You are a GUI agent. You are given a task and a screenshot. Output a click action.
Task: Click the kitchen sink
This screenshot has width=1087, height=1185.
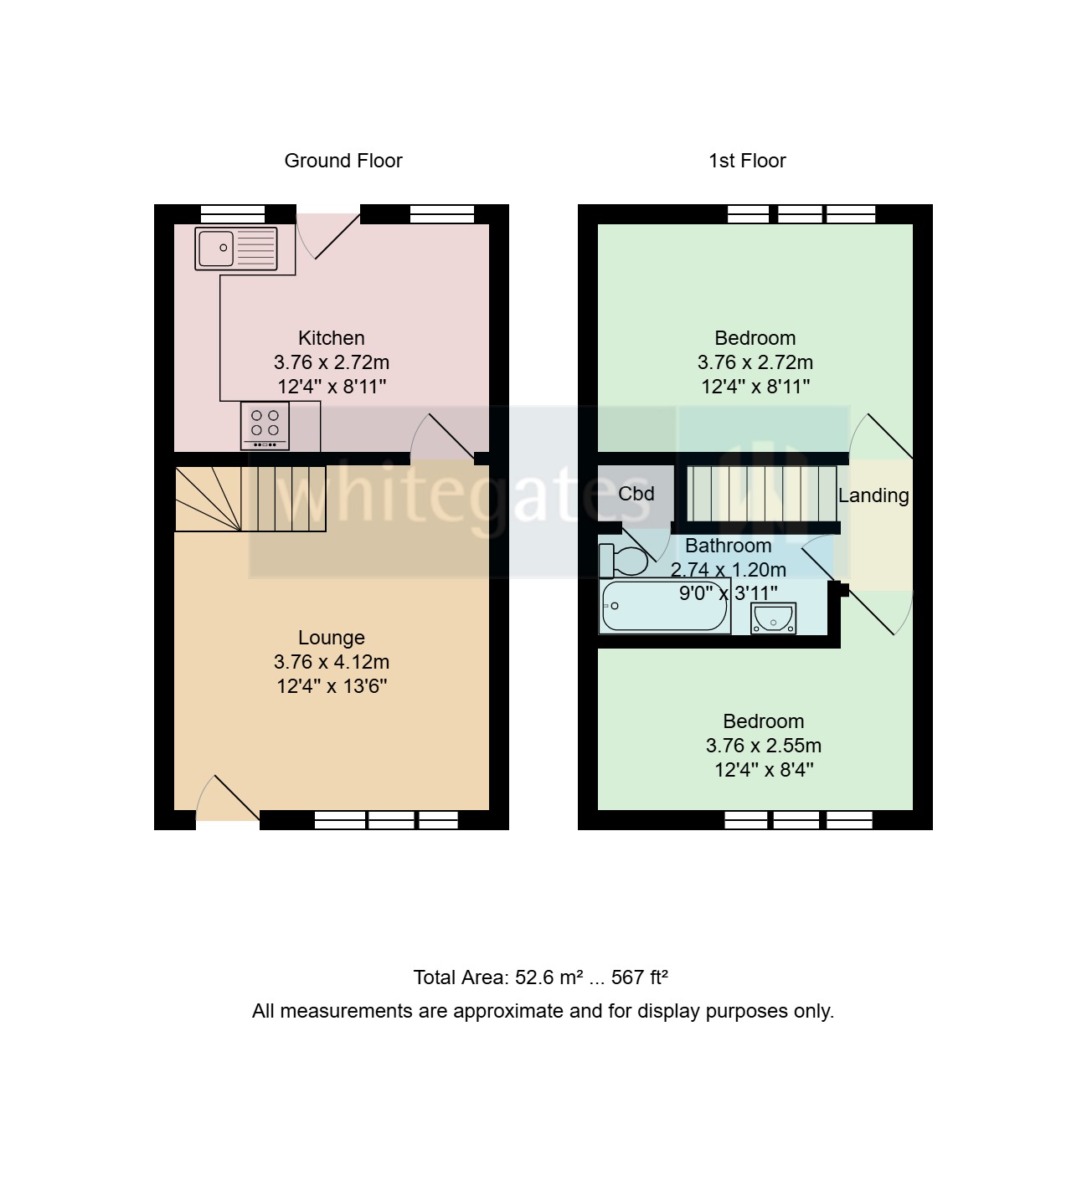pos(235,249)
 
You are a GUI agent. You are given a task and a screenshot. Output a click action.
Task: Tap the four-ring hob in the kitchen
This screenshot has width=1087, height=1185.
pos(265,425)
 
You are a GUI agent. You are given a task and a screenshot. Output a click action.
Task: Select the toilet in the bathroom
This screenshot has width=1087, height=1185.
pos(624,560)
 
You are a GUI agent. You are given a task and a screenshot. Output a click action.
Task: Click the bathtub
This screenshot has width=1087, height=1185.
pos(665,607)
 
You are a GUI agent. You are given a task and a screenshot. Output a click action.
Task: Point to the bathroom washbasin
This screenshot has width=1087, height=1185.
pos(773,618)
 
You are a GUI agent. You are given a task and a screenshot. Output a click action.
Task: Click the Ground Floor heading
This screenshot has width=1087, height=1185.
pos(343,161)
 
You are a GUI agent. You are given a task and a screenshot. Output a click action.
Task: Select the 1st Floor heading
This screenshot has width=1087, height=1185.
pos(747,161)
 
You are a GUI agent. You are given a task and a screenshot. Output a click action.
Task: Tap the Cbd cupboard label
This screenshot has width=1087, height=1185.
pos(636,494)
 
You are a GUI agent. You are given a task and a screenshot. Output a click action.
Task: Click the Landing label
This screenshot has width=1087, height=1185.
pos(873,495)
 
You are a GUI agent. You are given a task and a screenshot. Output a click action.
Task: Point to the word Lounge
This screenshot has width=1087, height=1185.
pos(332,638)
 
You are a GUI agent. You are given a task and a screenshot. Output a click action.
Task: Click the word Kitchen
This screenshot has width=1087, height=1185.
pos(332,338)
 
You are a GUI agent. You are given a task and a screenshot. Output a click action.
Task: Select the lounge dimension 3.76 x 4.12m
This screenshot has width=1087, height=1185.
pos(332,662)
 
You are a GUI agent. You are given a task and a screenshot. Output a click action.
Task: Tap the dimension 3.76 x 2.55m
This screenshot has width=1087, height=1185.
pos(764,746)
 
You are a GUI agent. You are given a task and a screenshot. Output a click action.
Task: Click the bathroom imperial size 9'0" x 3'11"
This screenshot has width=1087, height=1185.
pos(728,594)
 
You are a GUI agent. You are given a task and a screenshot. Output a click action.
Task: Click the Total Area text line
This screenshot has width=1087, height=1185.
pos(540,977)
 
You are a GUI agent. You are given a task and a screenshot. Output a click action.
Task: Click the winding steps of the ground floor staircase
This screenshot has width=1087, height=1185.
pos(207,499)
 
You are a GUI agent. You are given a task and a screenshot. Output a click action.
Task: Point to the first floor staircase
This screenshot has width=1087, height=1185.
pos(761,494)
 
